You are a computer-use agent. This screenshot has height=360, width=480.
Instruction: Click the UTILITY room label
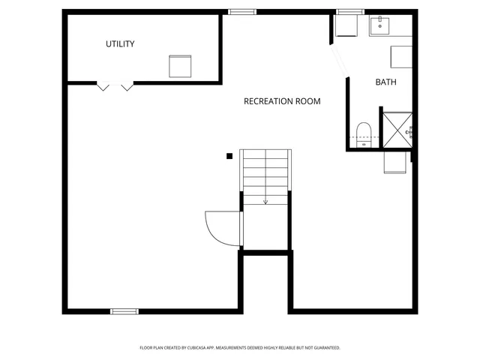[120, 44]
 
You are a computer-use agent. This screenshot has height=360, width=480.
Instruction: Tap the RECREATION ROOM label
[282, 101]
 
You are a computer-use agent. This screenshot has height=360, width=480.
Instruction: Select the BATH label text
[386, 82]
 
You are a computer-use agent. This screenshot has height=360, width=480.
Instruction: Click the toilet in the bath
[364, 133]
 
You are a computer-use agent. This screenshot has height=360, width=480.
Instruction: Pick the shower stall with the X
[397, 129]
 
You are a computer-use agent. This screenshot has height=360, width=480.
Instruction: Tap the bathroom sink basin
[382, 26]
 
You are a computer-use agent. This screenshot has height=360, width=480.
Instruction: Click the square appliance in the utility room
[181, 66]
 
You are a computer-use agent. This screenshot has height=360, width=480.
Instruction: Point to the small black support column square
[229, 156]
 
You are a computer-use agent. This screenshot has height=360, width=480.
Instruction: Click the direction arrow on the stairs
[265, 199]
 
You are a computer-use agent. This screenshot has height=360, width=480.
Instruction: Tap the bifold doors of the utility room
[115, 86]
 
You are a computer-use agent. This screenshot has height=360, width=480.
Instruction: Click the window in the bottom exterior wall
[124, 311]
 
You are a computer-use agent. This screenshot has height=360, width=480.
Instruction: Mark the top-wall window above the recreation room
[242, 11]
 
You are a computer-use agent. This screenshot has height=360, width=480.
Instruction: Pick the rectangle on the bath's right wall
[401, 57]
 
